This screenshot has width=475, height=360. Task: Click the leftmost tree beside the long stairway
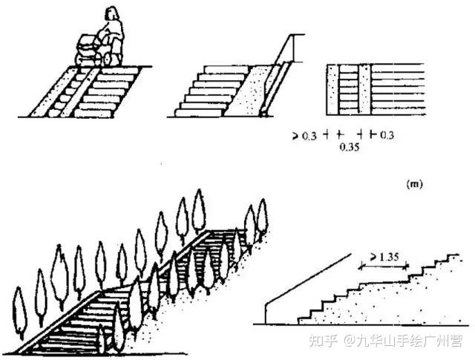pyautogui.click(x=20, y=312)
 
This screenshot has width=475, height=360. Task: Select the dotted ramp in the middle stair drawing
pyautogui.click(x=245, y=89)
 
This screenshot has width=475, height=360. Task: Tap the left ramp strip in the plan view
pyautogui.click(x=332, y=89)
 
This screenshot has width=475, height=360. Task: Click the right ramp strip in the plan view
pyautogui.click(x=364, y=89)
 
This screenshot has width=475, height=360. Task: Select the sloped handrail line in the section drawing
pyautogui.click(x=305, y=277)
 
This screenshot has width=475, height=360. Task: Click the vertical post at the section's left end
pyautogui.click(x=265, y=312)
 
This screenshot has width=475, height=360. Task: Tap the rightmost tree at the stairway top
pyautogui.click(x=261, y=216)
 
